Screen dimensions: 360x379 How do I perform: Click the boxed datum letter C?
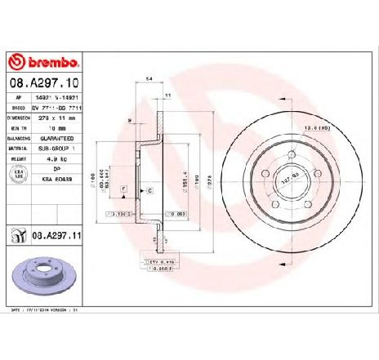coord(150,190)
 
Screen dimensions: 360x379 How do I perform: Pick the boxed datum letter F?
coord(123,189)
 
